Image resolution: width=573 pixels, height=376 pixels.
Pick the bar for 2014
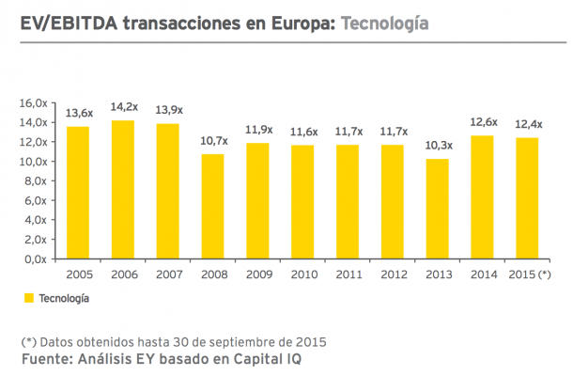483,196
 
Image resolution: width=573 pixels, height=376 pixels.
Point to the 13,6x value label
79,113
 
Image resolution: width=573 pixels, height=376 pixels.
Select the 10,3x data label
438,146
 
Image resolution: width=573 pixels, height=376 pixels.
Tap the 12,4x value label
528,124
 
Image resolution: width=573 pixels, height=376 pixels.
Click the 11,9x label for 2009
258,130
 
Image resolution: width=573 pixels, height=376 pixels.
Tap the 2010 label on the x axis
303,274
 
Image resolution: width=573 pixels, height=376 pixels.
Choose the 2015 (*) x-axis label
528,274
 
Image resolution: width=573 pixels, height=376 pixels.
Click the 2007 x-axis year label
169,274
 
